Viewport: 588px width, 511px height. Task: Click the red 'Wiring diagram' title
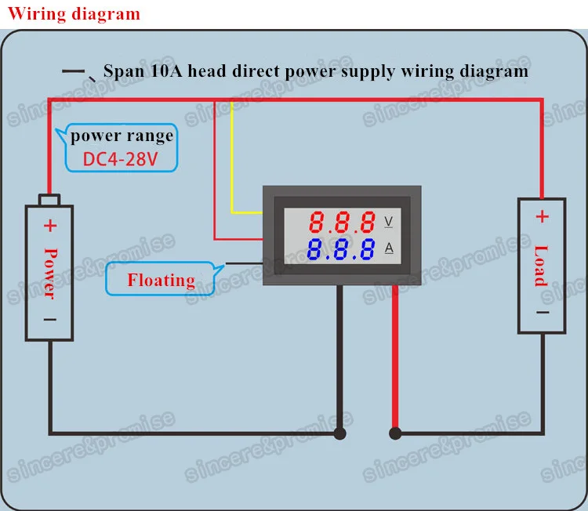point(74,14)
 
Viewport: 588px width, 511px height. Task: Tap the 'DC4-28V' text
point(120,159)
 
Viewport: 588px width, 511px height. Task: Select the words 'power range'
point(122,136)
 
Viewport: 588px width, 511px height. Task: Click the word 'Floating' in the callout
point(162,280)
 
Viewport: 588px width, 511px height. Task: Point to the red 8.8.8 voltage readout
point(342,222)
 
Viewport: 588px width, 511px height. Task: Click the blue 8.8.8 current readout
point(341,249)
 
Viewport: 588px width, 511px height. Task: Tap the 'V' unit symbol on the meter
point(389,222)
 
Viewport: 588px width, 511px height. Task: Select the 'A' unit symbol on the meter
point(389,248)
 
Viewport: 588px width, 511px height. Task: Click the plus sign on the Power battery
point(50,226)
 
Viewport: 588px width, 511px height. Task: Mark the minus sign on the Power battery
point(50,320)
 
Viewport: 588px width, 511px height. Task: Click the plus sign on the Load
point(542,216)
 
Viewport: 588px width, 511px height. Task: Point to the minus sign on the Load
point(543,312)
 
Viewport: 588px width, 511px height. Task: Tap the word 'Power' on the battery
point(50,274)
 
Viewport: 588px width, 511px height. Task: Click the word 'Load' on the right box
point(541,266)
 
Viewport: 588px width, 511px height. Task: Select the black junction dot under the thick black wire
point(339,433)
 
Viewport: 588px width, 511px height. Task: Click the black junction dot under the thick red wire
point(395,433)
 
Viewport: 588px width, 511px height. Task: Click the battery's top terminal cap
point(49,199)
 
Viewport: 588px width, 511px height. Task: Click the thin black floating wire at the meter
point(244,263)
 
